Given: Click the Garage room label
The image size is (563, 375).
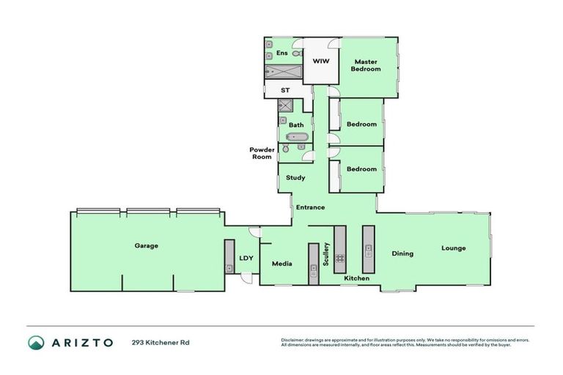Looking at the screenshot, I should pos(146,245).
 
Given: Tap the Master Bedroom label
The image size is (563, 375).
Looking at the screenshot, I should pos(365,64).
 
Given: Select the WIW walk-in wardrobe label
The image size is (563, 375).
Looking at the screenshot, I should pos(320,61).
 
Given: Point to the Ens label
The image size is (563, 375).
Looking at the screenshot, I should pos(281,53).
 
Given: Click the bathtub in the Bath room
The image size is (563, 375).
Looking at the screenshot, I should pos(296,136).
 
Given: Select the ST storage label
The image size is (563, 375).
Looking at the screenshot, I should pos(285,90).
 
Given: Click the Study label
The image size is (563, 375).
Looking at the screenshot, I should pos(295,177).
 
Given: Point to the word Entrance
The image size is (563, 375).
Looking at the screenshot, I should pos(310,207).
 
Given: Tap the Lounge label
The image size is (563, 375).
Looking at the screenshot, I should pos(453,248).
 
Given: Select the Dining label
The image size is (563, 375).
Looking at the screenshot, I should pos(402,253).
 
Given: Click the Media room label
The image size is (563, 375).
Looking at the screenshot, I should pos(283,264).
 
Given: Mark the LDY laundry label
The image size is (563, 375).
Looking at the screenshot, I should pos(246,258).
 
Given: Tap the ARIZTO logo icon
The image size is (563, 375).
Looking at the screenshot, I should pos(36,342).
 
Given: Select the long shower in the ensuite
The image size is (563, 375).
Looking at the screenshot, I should pos(283,71).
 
